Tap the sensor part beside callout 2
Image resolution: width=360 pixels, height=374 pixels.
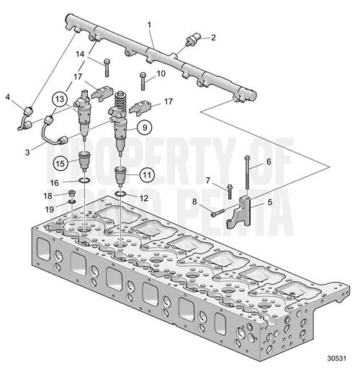click(x=193, y=40)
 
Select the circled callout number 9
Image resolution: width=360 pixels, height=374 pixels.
click(x=144, y=128)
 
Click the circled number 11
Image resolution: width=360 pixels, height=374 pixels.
click(x=147, y=173)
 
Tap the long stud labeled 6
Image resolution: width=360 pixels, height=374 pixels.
click(x=247, y=174)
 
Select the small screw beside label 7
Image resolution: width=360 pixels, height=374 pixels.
click(x=230, y=191)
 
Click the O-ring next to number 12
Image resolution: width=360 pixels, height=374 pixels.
click(x=122, y=194)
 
